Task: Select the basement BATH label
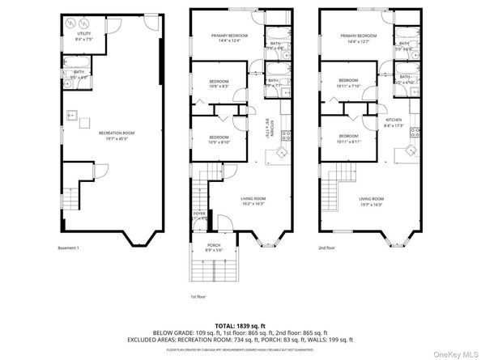coord(79,71)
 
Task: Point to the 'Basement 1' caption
coord(71,248)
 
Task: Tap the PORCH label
coord(214,246)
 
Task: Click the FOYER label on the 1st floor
coord(200,215)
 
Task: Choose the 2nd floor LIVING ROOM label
coord(372,198)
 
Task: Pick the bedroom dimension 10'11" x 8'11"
coord(349,141)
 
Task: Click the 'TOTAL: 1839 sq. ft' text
coord(240,323)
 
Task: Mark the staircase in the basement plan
coord(74,197)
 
